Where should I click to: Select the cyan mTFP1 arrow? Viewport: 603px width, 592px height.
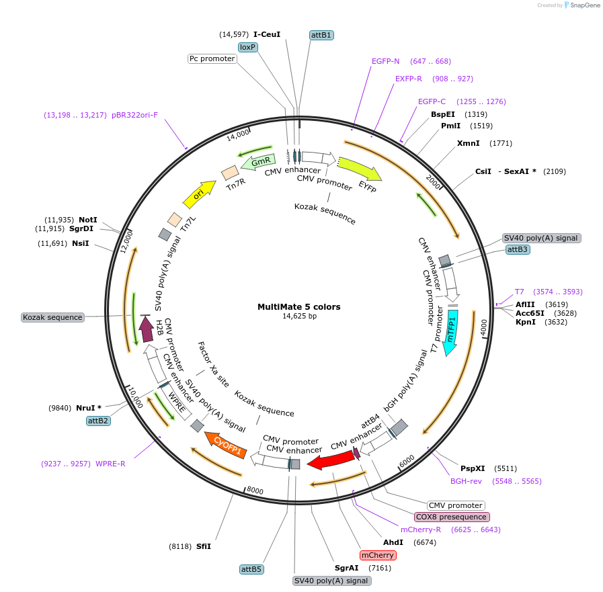pyautogui.click(x=451, y=330)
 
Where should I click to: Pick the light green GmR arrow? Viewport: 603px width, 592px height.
pyautogui.click(x=259, y=161)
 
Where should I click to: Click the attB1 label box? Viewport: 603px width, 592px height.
pyautogui.click(x=321, y=34)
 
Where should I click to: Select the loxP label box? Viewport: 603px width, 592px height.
pyautogui.click(x=248, y=47)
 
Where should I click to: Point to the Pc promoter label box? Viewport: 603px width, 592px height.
pyautogui.click(x=212, y=58)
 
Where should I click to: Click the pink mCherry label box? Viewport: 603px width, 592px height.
pyautogui.click(x=378, y=555)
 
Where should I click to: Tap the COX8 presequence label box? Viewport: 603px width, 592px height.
pyautogui.click(x=451, y=517)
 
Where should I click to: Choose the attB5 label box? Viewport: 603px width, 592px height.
pyautogui.click(x=251, y=569)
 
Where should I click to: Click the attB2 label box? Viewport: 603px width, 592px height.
pyautogui.click(x=99, y=421)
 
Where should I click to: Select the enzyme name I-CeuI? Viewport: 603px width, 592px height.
pyautogui.click(x=267, y=34)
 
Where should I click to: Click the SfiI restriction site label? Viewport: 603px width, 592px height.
pyautogui.click(x=204, y=546)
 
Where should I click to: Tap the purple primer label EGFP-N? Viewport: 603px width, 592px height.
pyautogui.click(x=386, y=61)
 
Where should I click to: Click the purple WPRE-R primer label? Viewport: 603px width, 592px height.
pyautogui.click(x=111, y=463)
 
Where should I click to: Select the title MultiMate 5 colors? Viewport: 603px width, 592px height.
pyautogui.click(x=299, y=307)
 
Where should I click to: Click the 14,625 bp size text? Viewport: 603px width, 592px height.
pyautogui.click(x=299, y=316)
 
